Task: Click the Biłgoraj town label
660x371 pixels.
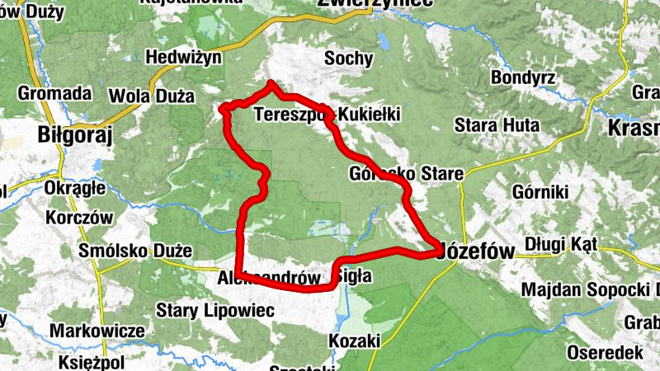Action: pos(74,134)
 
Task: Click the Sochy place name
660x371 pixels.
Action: pos(349,59)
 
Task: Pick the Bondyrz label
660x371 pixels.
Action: pos(525,78)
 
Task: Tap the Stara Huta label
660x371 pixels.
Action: pos(497,125)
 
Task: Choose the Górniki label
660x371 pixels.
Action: pos(540,192)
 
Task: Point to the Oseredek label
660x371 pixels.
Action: pos(605,352)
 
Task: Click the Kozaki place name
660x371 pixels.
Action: pos(354,340)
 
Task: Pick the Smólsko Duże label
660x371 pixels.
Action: pos(134,250)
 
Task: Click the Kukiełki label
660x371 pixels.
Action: pos(369,113)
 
